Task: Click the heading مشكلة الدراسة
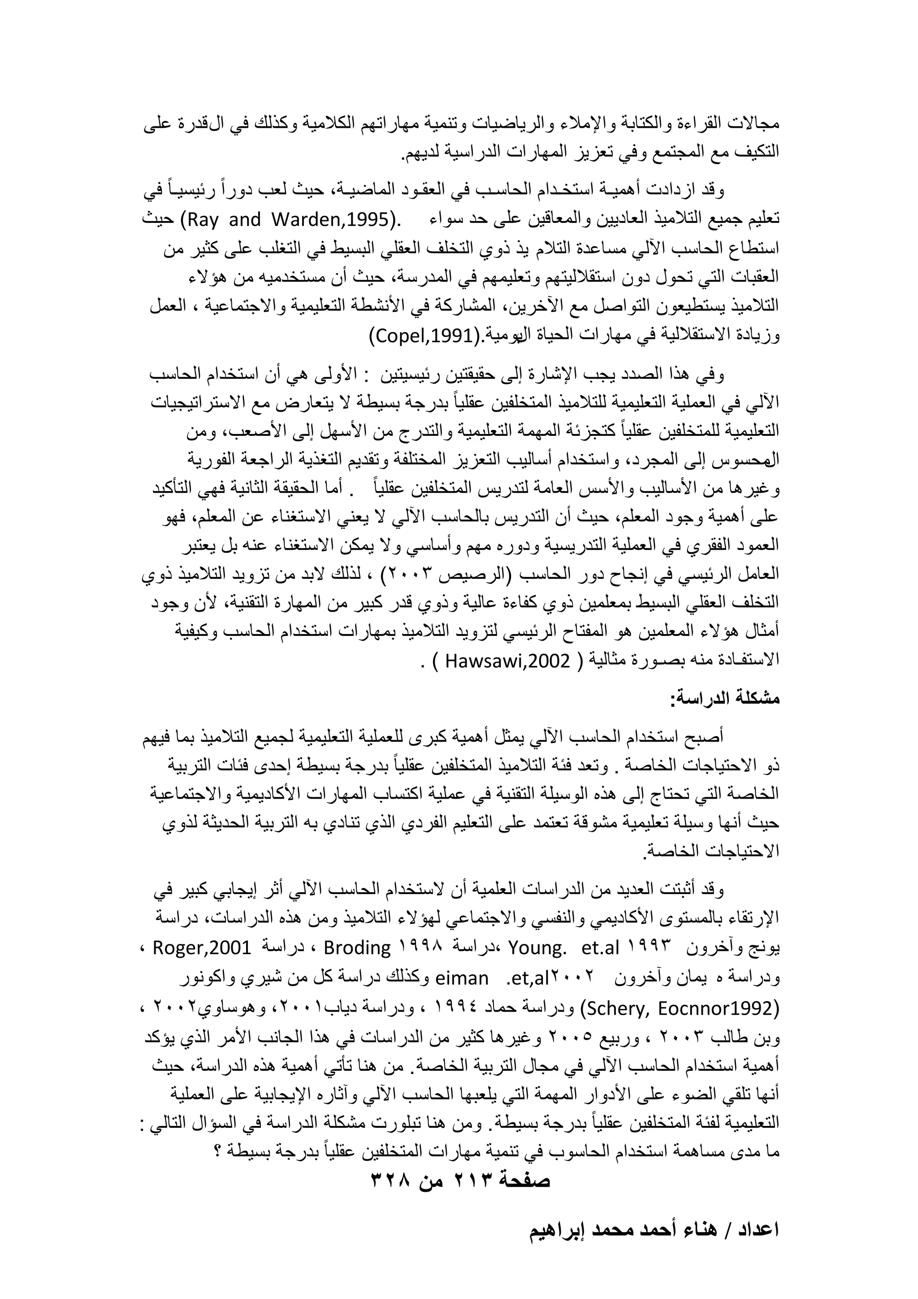coord(725,699)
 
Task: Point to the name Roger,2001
coord(201,947)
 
